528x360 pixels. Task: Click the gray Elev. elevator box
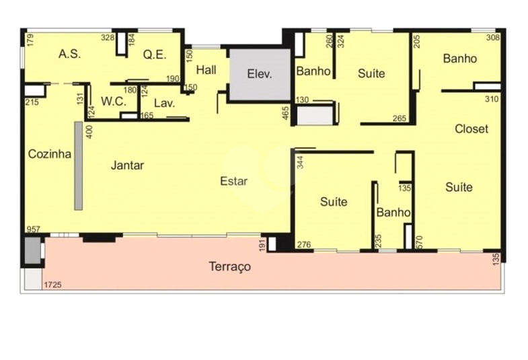pos(260,75)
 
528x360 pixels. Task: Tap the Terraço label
pos(229,266)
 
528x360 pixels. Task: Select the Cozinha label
pos(50,154)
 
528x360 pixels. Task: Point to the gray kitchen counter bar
pos(79,166)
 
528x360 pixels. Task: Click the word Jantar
pos(127,166)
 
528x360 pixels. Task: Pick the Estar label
pos(233,181)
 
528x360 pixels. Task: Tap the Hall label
pos(206,70)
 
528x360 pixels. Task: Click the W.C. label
pos(114,102)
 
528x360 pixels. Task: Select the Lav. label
pos(164,103)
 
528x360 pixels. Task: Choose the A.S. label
pos(70,54)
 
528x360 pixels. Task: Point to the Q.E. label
pos(155,55)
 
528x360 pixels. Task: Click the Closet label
pos(471,129)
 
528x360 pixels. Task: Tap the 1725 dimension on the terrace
pos(53,285)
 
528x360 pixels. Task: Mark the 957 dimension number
pos(34,229)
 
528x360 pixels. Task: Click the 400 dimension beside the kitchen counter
pos(89,132)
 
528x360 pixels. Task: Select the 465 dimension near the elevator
pos(286,113)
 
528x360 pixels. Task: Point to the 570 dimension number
pos(419,242)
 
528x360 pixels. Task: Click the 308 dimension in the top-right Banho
pos(493,38)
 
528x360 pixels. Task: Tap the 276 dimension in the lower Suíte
pos(304,244)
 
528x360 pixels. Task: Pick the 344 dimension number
pos(300,162)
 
